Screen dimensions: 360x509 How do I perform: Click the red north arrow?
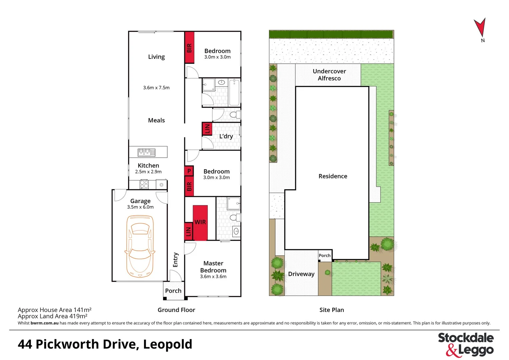click(480, 27)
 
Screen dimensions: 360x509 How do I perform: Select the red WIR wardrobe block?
click(200, 222)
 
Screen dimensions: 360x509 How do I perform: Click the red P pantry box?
click(189, 171)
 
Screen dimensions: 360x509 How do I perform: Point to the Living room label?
click(156, 57)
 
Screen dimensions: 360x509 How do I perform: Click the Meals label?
click(156, 120)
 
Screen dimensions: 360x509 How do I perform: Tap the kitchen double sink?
click(147, 153)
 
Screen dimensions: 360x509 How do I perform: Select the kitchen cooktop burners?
click(144, 184)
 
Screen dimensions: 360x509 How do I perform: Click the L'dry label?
click(226, 136)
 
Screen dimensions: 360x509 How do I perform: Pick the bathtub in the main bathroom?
click(234, 92)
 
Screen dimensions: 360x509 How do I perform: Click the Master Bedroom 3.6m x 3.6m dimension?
click(213, 277)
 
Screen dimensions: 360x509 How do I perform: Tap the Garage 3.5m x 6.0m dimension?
click(140, 207)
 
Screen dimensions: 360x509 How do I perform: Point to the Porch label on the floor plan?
click(173, 291)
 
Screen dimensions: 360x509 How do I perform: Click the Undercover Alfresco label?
click(329, 75)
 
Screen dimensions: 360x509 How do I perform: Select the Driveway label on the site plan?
click(301, 274)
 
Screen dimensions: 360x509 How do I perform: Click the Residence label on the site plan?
click(333, 176)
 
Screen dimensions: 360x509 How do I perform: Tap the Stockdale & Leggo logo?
click(466, 344)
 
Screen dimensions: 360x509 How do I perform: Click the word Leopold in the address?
click(168, 344)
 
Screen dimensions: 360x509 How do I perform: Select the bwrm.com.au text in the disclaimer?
click(44, 323)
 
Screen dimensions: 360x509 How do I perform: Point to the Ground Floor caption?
click(176, 310)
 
